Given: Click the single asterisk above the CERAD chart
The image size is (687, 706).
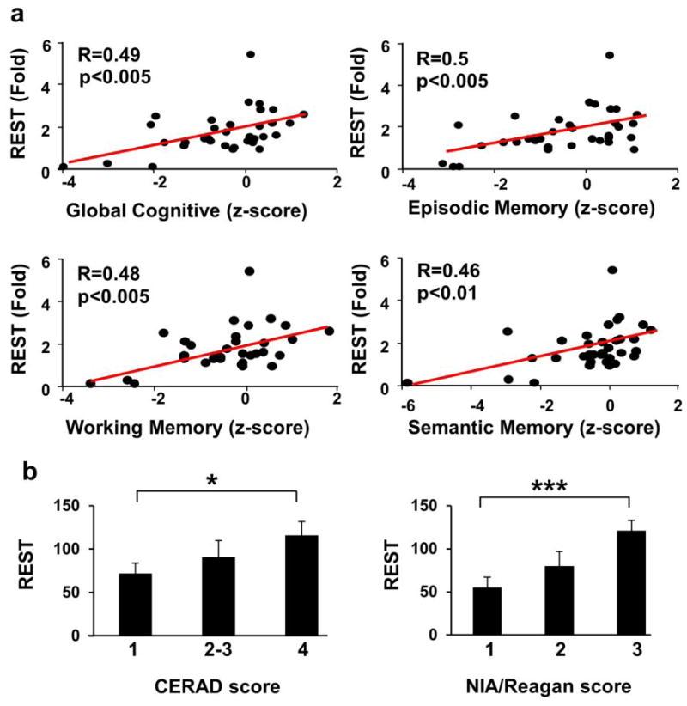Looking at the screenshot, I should point(216,489).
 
